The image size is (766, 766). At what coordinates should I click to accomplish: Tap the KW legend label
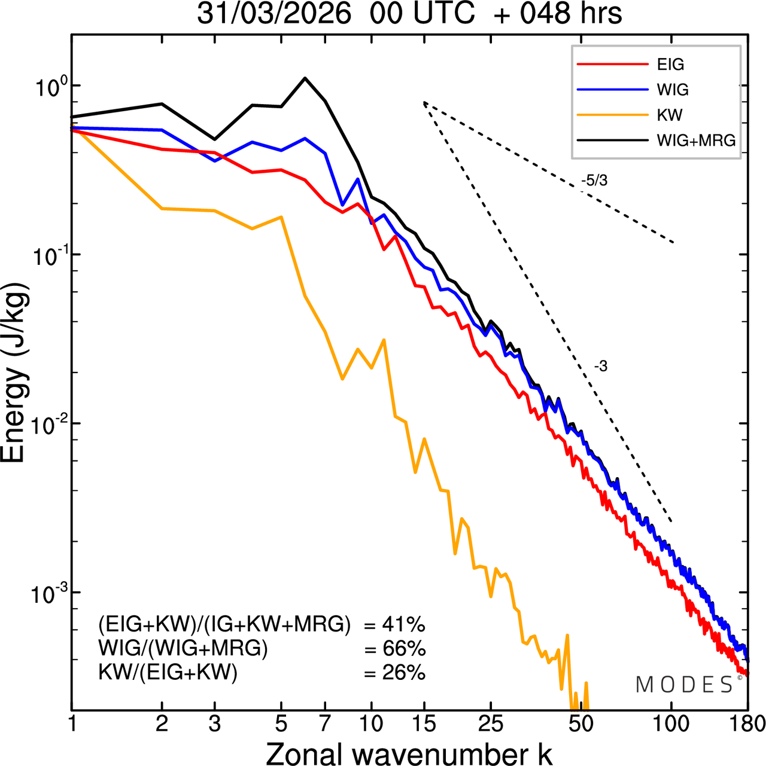[x=670, y=115]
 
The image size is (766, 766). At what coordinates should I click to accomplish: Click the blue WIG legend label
[x=673, y=90]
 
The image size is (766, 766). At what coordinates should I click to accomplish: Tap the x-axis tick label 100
[x=671, y=724]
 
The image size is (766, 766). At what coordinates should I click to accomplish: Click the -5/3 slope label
[x=594, y=181]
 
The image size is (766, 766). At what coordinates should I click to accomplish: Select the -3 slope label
[x=601, y=367]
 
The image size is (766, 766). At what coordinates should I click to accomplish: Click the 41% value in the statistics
[x=403, y=625]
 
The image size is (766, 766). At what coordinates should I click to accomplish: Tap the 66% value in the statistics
[x=403, y=649]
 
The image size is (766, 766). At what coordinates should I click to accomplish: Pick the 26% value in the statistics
[x=403, y=673]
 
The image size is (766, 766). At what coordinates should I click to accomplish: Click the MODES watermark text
[x=685, y=685]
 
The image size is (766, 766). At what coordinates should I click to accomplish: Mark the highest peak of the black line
[x=305, y=78]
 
